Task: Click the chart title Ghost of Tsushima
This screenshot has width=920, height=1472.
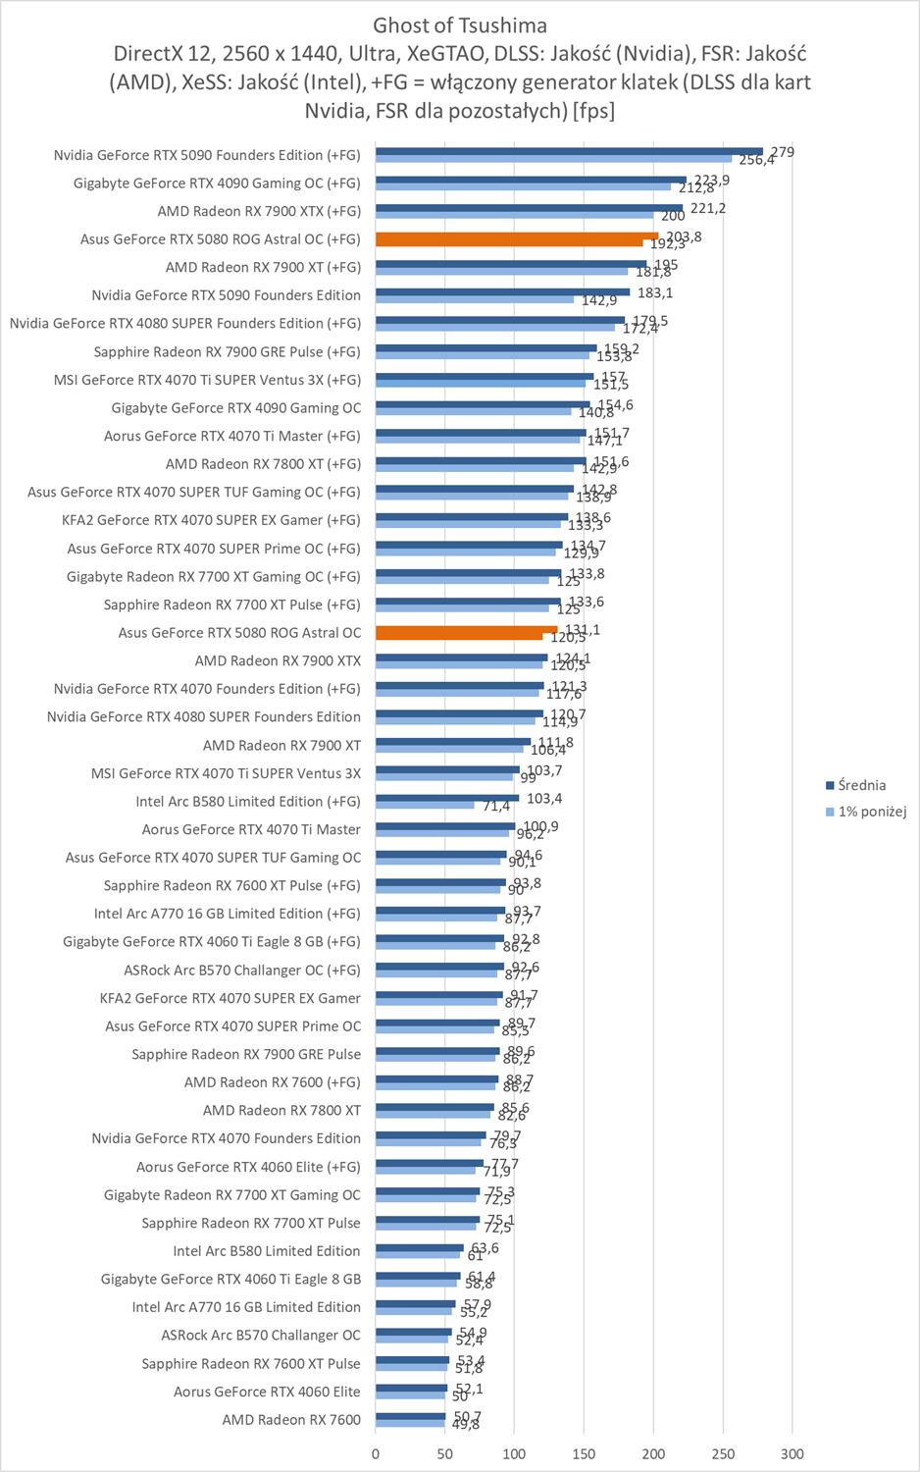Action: click(460, 25)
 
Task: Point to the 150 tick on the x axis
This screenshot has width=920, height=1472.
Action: click(585, 1453)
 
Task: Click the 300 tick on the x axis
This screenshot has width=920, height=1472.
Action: click(792, 1453)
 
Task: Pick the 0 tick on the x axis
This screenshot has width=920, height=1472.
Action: click(376, 1453)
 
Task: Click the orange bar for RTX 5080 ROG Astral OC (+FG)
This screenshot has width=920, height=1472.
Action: click(516, 236)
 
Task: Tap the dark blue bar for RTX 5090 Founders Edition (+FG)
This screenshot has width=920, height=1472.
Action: click(569, 151)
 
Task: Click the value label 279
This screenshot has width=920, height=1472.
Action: click(782, 152)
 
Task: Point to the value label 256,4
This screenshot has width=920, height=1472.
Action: click(756, 160)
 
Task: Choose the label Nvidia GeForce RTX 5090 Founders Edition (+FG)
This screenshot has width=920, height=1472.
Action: click(207, 155)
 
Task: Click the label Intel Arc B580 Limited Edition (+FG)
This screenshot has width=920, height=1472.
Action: click(248, 802)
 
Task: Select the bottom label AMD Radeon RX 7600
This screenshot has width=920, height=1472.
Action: click(291, 1420)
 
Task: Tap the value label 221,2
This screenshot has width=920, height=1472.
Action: click(708, 208)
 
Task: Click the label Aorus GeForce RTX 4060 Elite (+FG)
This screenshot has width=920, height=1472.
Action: click(248, 1167)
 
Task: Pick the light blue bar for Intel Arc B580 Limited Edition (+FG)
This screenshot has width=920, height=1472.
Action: click(425, 806)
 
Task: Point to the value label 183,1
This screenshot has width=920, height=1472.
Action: click(655, 292)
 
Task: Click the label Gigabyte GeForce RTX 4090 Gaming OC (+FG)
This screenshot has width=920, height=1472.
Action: click(217, 183)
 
